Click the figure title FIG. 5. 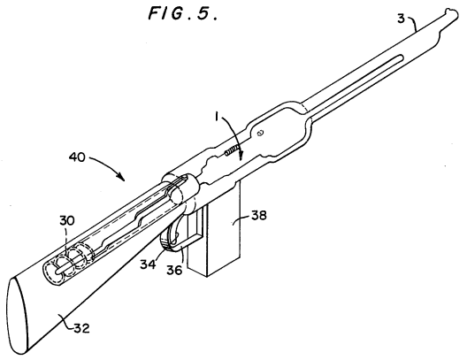(x=183, y=13)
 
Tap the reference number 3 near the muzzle (x=402, y=19)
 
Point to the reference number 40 (x=77, y=157)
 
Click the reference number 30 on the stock (x=67, y=220)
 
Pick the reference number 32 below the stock (x=81, y=328)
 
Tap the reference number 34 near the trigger (x=148, y=264)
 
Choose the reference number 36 (x=174, y=270)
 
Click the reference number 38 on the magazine (x=259, y=215)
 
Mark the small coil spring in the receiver (x=232, y=149)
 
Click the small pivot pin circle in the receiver (x=260, y=133)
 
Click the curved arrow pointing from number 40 (x=109, y=164)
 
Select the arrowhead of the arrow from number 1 (x=241, y=156)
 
